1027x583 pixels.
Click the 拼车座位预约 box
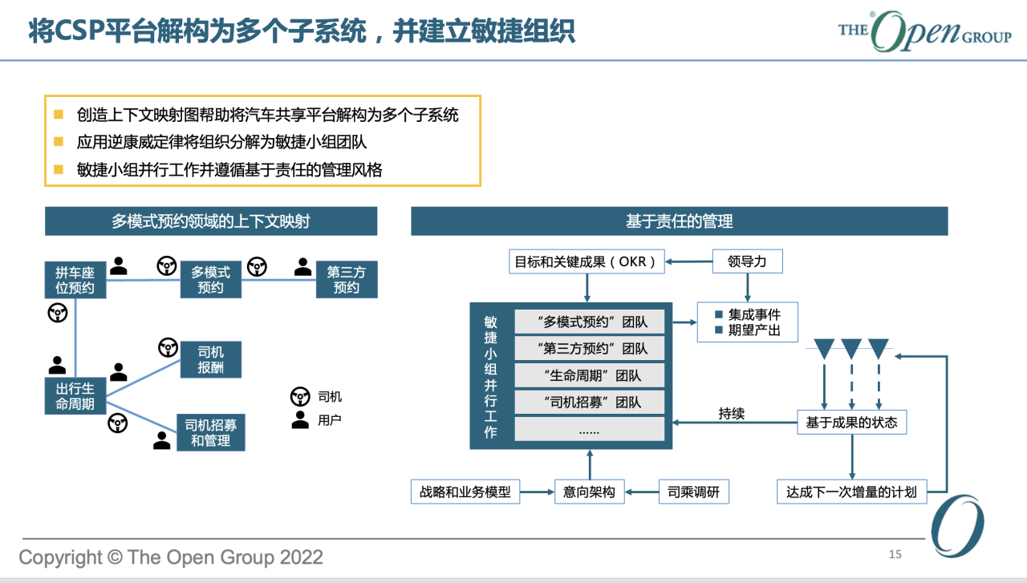click(x=75, y=280)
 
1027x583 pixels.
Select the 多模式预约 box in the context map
click(x=210, y=280)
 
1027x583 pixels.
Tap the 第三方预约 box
click(x=347, y=280)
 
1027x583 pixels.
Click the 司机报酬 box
click(x=211, y=359)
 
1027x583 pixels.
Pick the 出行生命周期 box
click(x=75, y=396)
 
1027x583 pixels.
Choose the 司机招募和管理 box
click(x=211, y=433)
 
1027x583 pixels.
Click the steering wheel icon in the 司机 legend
click(x=300, y=396)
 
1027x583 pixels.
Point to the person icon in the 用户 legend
click(x=300, y=420)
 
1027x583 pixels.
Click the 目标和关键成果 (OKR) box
click(x=587, y=261)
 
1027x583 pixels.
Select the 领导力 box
click(x=747, y=261)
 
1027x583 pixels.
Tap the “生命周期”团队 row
click(x=590, y=375)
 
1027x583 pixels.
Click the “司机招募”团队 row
click(x=590, y=402)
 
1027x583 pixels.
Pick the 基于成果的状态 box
click(x=852, y=422)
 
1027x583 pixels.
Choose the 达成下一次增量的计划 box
click(x=852, y=492)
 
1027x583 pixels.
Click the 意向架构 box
click(x=590, y=492)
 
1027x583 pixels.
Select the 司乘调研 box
click(x=694, y=492)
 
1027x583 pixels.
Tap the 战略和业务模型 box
click(x=465, y=492)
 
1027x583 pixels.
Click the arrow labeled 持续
click(x=735, y=422)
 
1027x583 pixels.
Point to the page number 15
click(x=895, y=555)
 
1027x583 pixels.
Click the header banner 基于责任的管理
click(x=680, y=221)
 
